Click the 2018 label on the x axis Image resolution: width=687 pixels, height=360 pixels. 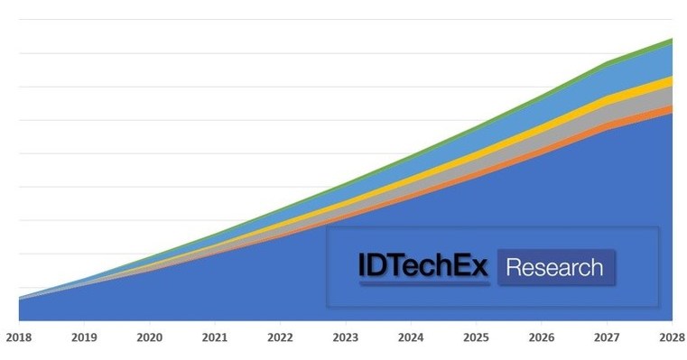(18, 338)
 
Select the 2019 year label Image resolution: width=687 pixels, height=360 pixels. (83, 338)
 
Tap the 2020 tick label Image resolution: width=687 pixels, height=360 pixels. (149, 338)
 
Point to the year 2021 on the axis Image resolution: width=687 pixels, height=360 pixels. (214, 338)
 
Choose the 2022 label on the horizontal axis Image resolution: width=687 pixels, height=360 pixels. (280, 338)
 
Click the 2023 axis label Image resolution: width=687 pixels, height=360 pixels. (345, 338)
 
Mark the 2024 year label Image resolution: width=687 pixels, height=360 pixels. (410, 338)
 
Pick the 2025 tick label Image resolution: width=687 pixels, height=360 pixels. (476, 338)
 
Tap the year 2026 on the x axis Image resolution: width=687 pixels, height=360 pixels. (541, 338)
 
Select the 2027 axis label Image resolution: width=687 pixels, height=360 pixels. (606, 338)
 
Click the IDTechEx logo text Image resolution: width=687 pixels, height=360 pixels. (422, 267)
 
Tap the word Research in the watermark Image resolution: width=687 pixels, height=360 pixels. (554, 268)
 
